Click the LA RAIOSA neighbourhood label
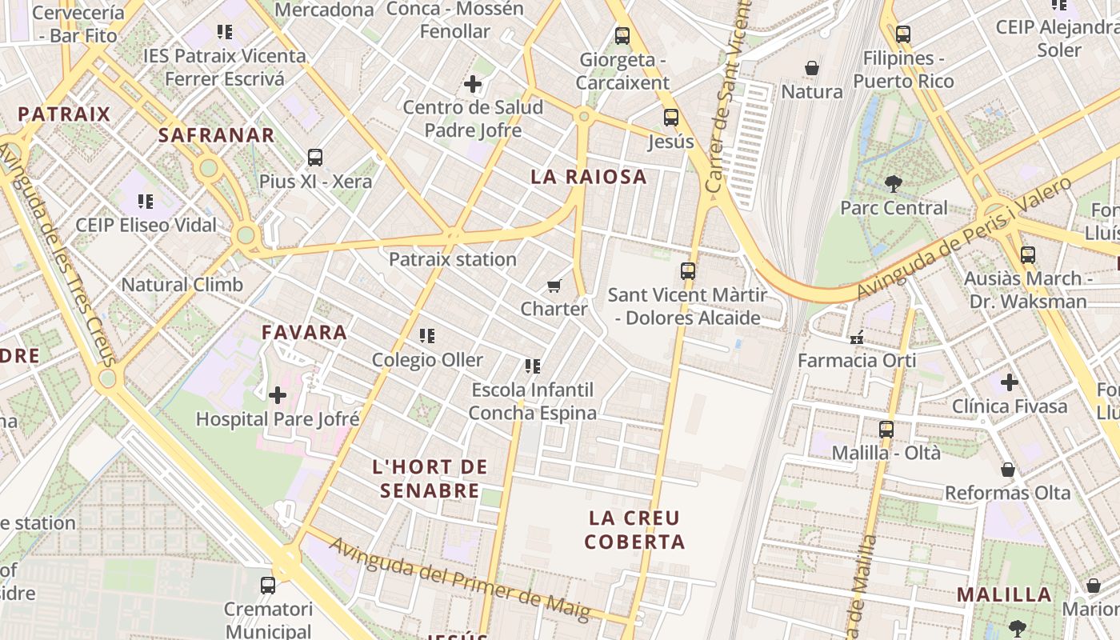tap(588, 177)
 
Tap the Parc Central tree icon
tap(893, 184)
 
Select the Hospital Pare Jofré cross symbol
tap(278, 394)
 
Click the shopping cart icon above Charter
tap(554, 286)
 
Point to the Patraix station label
tap(452, 259)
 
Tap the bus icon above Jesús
tap(670, 118)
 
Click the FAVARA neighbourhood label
tap(304, 332)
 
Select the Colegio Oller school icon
tap(427, 336)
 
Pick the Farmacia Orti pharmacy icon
tap(857, 337)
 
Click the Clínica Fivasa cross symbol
tap(1010, 382)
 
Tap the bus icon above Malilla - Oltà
tap(886, 430)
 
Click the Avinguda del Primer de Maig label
tap(459, 580)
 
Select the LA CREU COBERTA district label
tap(634, 530)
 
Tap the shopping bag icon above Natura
tap(812, 68)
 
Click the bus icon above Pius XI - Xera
tap(315, 158)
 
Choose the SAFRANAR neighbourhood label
tap(216, 135)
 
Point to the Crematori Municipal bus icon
tap(268, 586)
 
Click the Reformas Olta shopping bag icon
tap(1008, 470)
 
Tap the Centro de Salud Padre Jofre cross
tap(473, 83)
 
